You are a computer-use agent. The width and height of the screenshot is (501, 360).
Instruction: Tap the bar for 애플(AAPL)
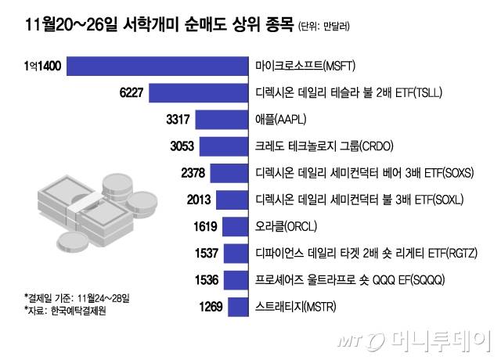pyautogui.click(x=222, y=121)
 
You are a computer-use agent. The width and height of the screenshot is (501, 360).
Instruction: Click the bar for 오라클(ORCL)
pyautogui.click(x=235, y=226)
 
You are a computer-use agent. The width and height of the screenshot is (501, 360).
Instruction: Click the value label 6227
pyautogui.click(x=131, y=94)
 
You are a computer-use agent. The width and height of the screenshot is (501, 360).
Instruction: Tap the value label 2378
pyautogui.click(x=192, y=173)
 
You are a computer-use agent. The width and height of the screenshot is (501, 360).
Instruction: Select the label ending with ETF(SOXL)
pyautogui.click(x=361, y=200)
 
